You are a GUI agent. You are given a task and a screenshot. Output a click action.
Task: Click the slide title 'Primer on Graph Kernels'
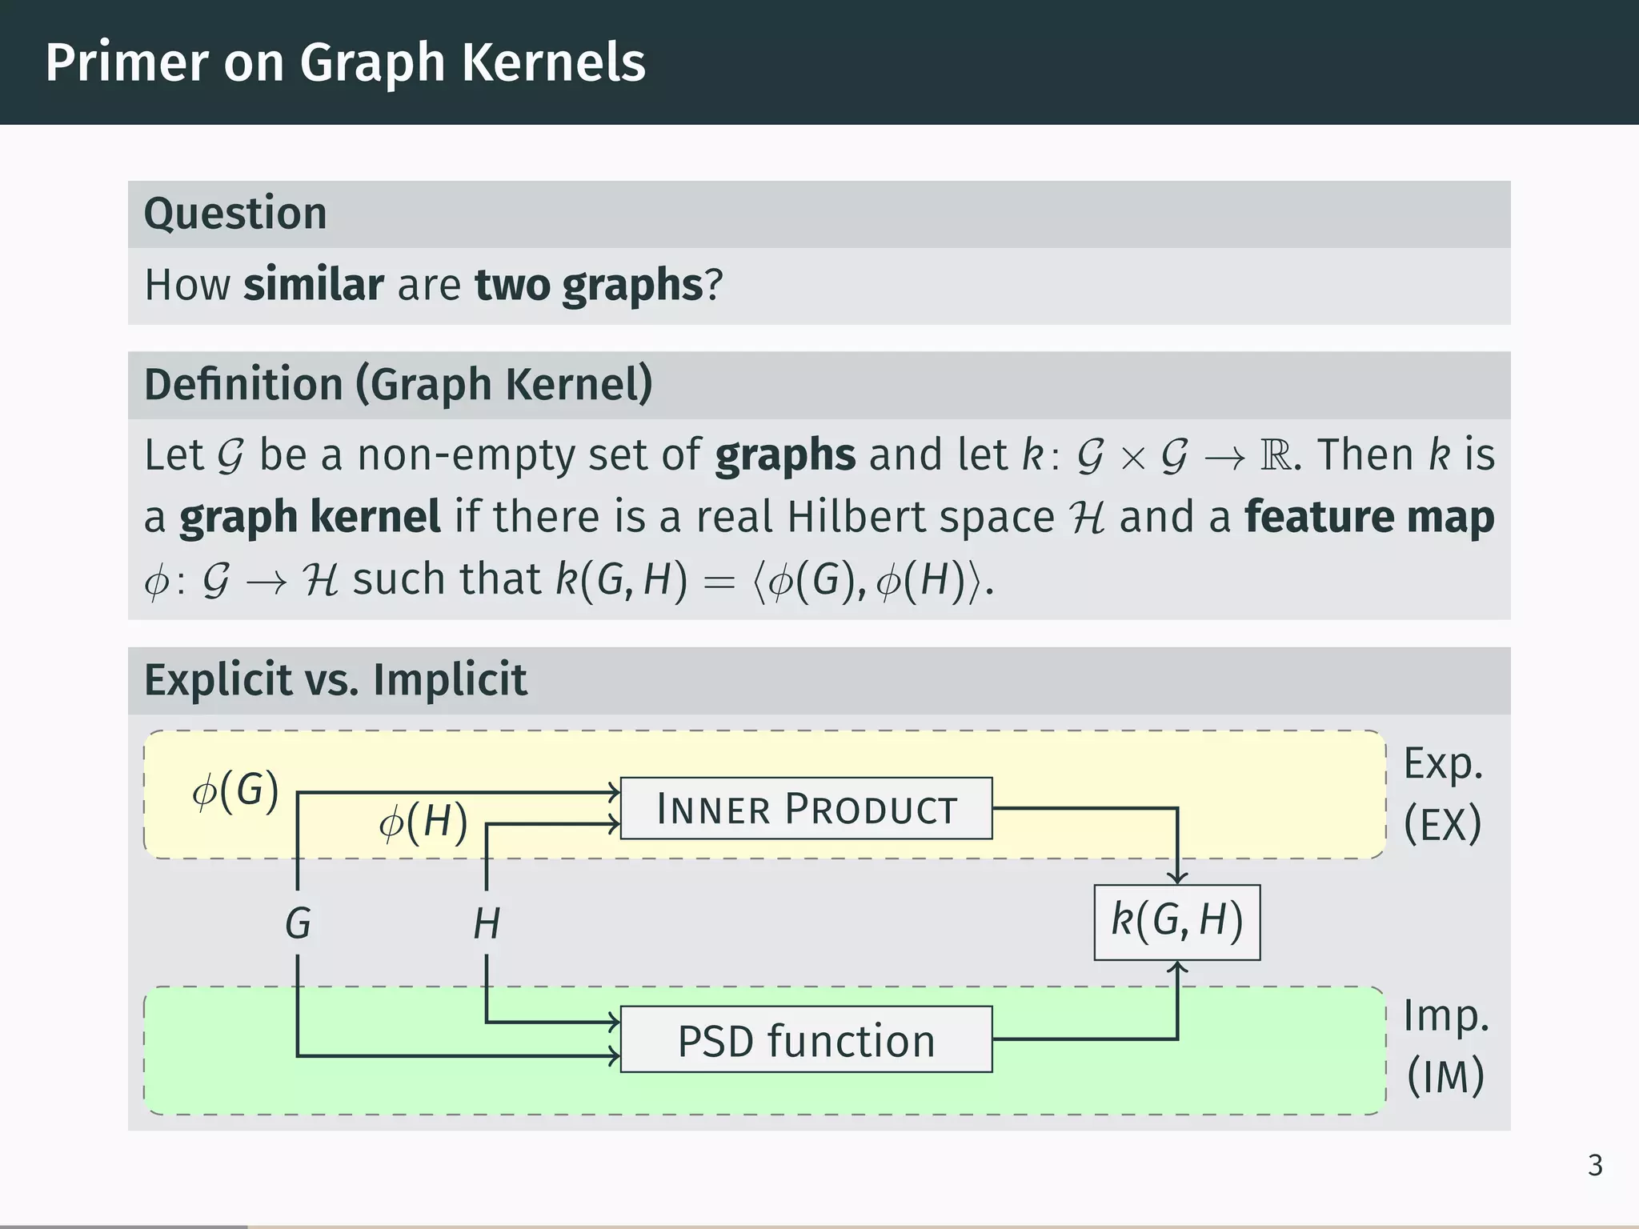coord(345,62)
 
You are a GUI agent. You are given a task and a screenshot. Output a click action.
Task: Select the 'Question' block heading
coord(235,214)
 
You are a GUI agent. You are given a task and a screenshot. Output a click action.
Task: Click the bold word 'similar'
coord(314,285)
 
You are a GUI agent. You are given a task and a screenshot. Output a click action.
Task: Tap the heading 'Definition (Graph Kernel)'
coord(399,384)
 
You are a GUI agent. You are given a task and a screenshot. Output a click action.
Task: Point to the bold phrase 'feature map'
coord(1369,517)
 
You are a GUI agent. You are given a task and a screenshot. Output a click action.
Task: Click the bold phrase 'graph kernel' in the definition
coord(310,517)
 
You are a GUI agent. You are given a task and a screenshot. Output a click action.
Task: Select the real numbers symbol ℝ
coord(1276,455)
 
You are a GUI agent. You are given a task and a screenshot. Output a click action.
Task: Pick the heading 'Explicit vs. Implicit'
coord(335,680)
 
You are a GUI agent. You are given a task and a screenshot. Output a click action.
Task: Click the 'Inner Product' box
coord(806,808)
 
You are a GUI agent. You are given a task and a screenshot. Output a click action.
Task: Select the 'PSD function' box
coord(806,1040)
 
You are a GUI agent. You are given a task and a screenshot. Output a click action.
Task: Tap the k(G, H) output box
coord(1176,922)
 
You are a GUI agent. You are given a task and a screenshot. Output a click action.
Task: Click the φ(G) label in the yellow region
coord(235,791)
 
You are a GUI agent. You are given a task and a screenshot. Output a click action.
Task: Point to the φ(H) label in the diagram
coord(423,823)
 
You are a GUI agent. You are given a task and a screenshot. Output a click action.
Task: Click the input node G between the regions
coord(298,923)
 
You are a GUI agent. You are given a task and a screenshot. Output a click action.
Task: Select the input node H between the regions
coord(487,923)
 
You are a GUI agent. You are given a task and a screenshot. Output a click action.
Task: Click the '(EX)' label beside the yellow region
coord(1443,824)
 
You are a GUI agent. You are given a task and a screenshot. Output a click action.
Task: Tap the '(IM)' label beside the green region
coord(1445,1076)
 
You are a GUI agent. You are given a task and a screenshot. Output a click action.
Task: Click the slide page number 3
coord(1595,1166)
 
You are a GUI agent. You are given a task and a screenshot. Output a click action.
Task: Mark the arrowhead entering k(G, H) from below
coord(1177,968)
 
